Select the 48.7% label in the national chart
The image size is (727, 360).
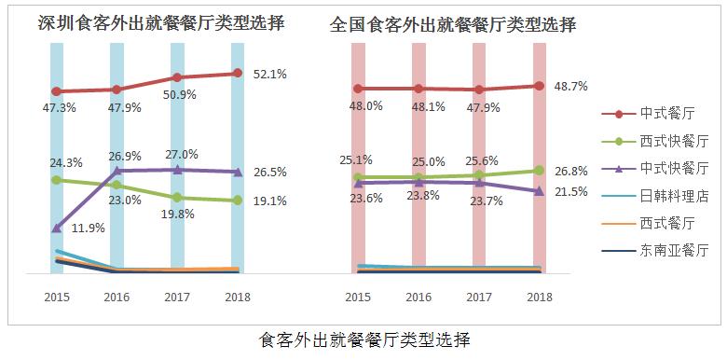pos(569,86)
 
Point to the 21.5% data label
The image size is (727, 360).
pos(569,192)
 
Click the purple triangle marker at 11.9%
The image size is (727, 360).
pos(57,227)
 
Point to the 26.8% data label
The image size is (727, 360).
pos(569,172)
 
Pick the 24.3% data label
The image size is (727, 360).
pos(66,162)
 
